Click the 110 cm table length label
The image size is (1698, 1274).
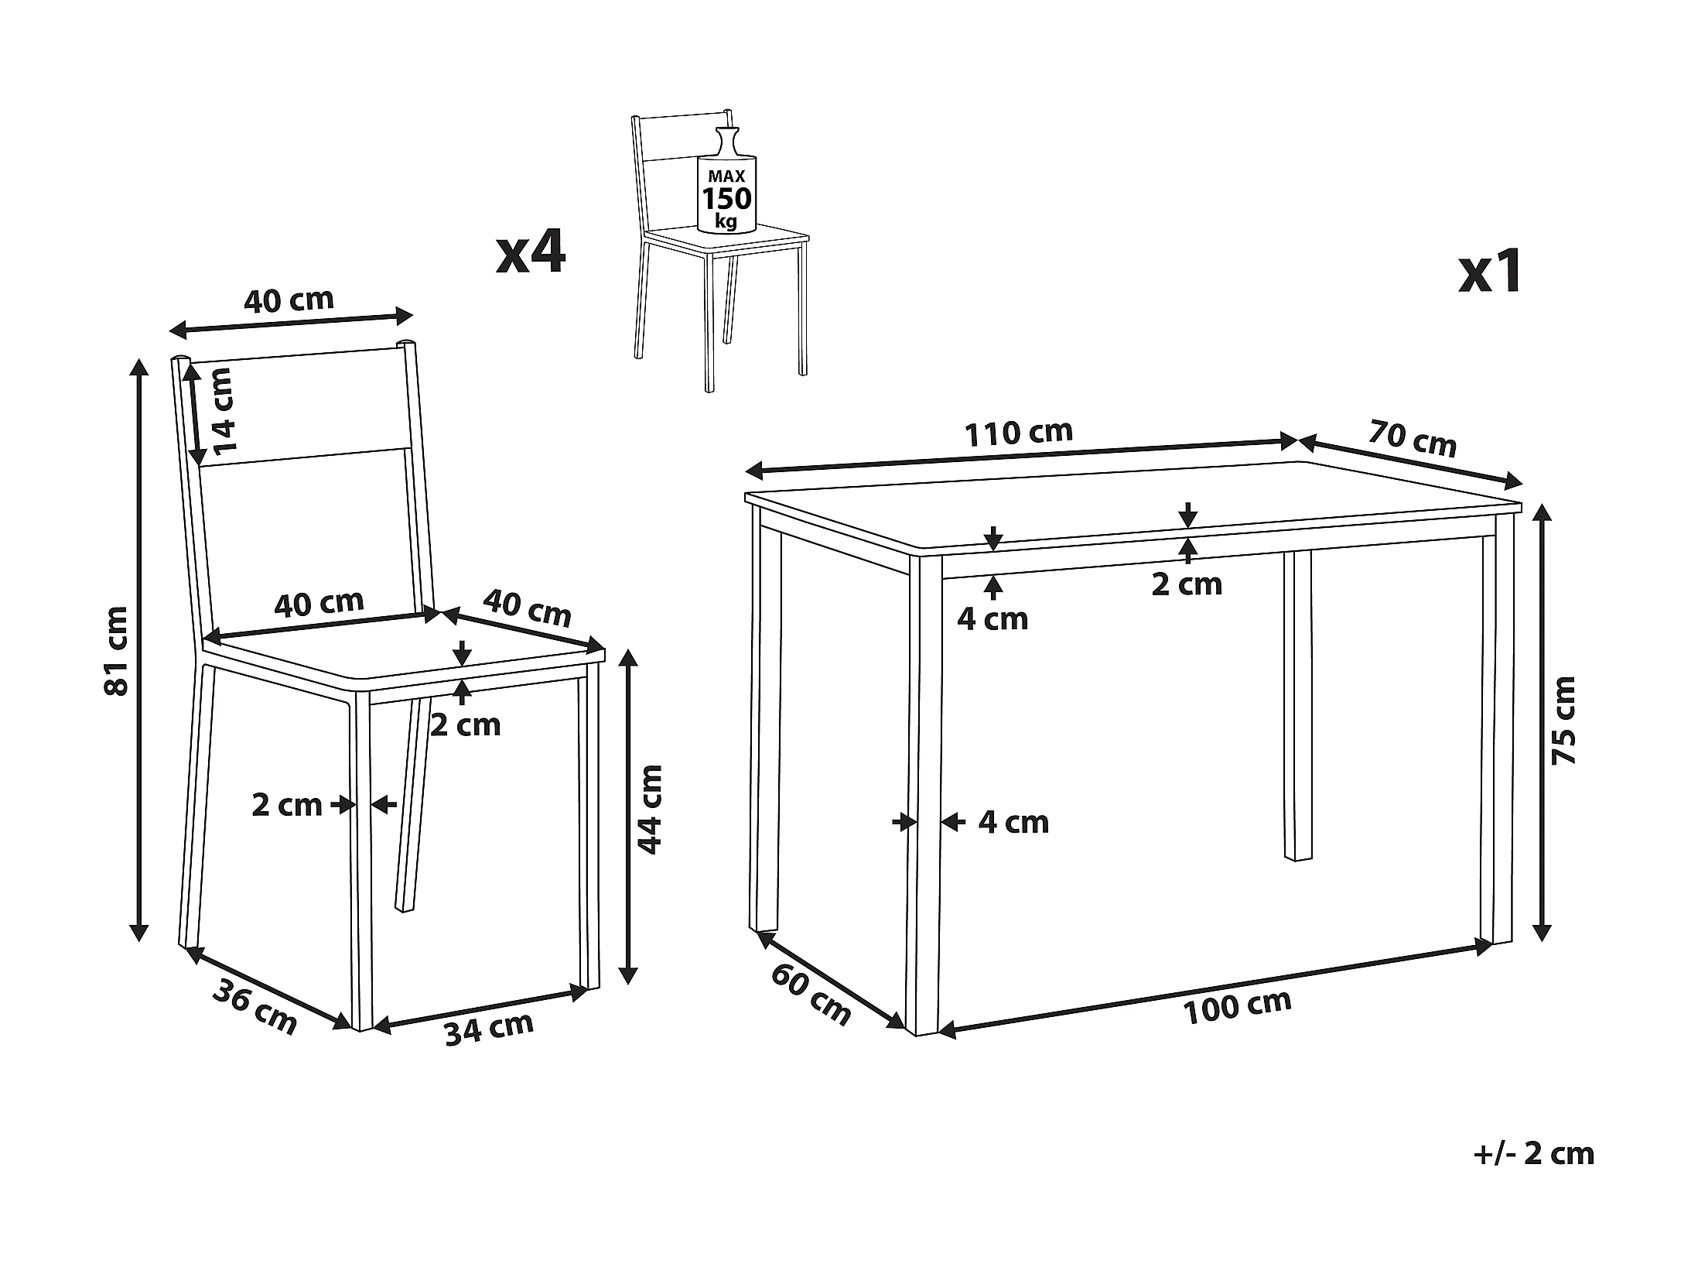[1018, 432]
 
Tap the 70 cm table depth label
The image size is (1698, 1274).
[1413, 438]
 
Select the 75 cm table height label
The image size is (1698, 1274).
[1563, 721]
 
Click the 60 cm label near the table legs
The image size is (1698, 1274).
[811, 995]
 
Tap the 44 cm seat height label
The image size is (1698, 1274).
[650, 809]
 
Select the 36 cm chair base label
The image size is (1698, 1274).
[255, 1006]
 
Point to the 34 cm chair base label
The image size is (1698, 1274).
[489, 1029]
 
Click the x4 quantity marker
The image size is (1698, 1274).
[531, 252]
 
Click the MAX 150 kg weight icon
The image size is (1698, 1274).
[726, 180]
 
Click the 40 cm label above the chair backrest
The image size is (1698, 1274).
[289, 300]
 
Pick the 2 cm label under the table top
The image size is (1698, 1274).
[1187, 584]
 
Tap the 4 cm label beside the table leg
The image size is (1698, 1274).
[1013, 822]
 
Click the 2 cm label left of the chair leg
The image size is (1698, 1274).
[286, 805]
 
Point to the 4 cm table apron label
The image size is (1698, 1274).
[992, 619]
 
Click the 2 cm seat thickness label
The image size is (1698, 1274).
[466, 724]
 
